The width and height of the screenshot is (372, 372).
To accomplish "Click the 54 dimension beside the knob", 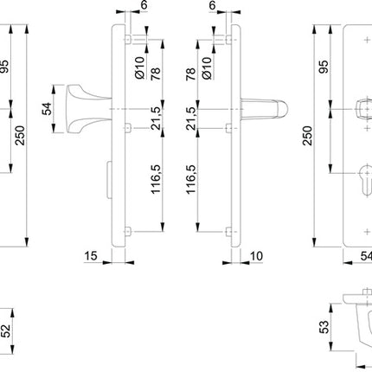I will tap(47, 108).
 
